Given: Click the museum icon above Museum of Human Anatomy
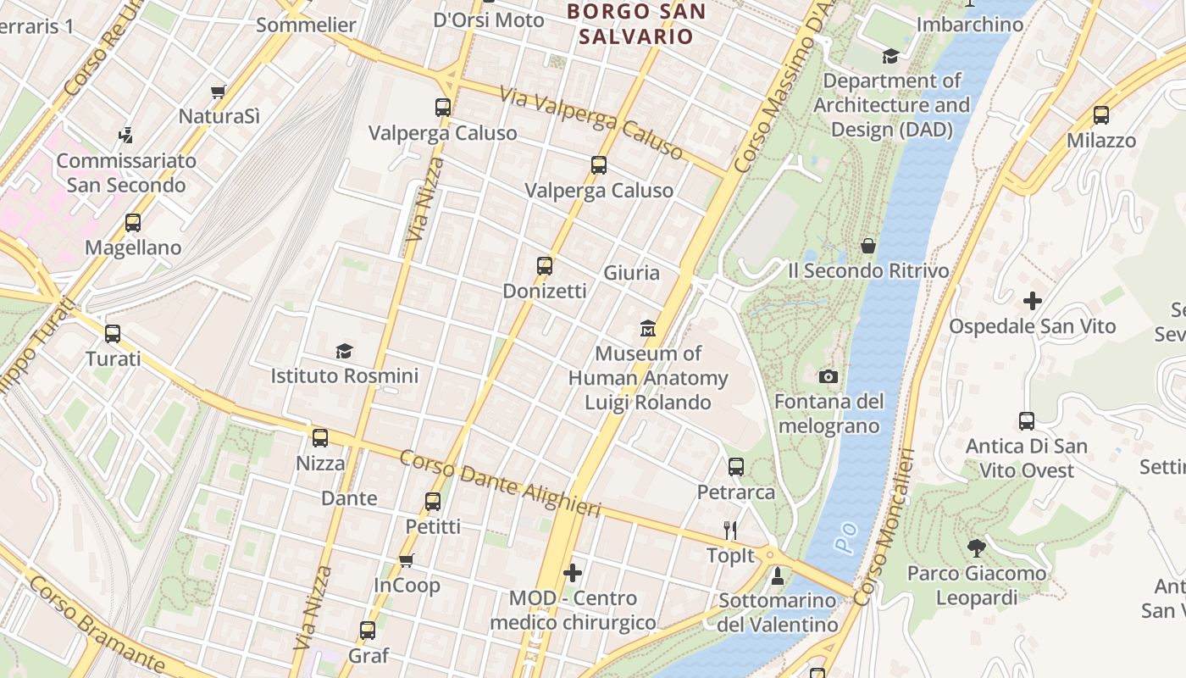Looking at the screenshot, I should click(648, 328).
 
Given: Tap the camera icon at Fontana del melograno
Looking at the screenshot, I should click(829, 376).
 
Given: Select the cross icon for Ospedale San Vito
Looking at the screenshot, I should click(1032, 300).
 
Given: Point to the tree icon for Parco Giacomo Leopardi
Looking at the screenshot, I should click(976, 547).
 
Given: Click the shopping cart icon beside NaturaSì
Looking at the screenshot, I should click(219, 92).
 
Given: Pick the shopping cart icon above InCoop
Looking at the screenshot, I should click(407, 560).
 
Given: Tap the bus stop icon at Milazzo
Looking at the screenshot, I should click(1101, 115).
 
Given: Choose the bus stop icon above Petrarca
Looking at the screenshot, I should click(736, 466).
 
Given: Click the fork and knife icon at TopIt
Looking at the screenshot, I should click(730, 531).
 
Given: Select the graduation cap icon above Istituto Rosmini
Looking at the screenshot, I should click(344, 351).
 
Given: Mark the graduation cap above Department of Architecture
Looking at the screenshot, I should click(890, 56).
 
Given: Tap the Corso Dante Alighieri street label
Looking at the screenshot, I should click(500, 484).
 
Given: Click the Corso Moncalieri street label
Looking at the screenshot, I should click(884, 527).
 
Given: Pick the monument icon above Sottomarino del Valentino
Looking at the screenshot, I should click(778, 576).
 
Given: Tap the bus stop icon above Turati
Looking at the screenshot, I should click(113, 334).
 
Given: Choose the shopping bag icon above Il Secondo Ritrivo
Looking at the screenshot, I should click(868, 246).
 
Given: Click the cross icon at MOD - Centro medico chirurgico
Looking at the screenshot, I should click(573, 573).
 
